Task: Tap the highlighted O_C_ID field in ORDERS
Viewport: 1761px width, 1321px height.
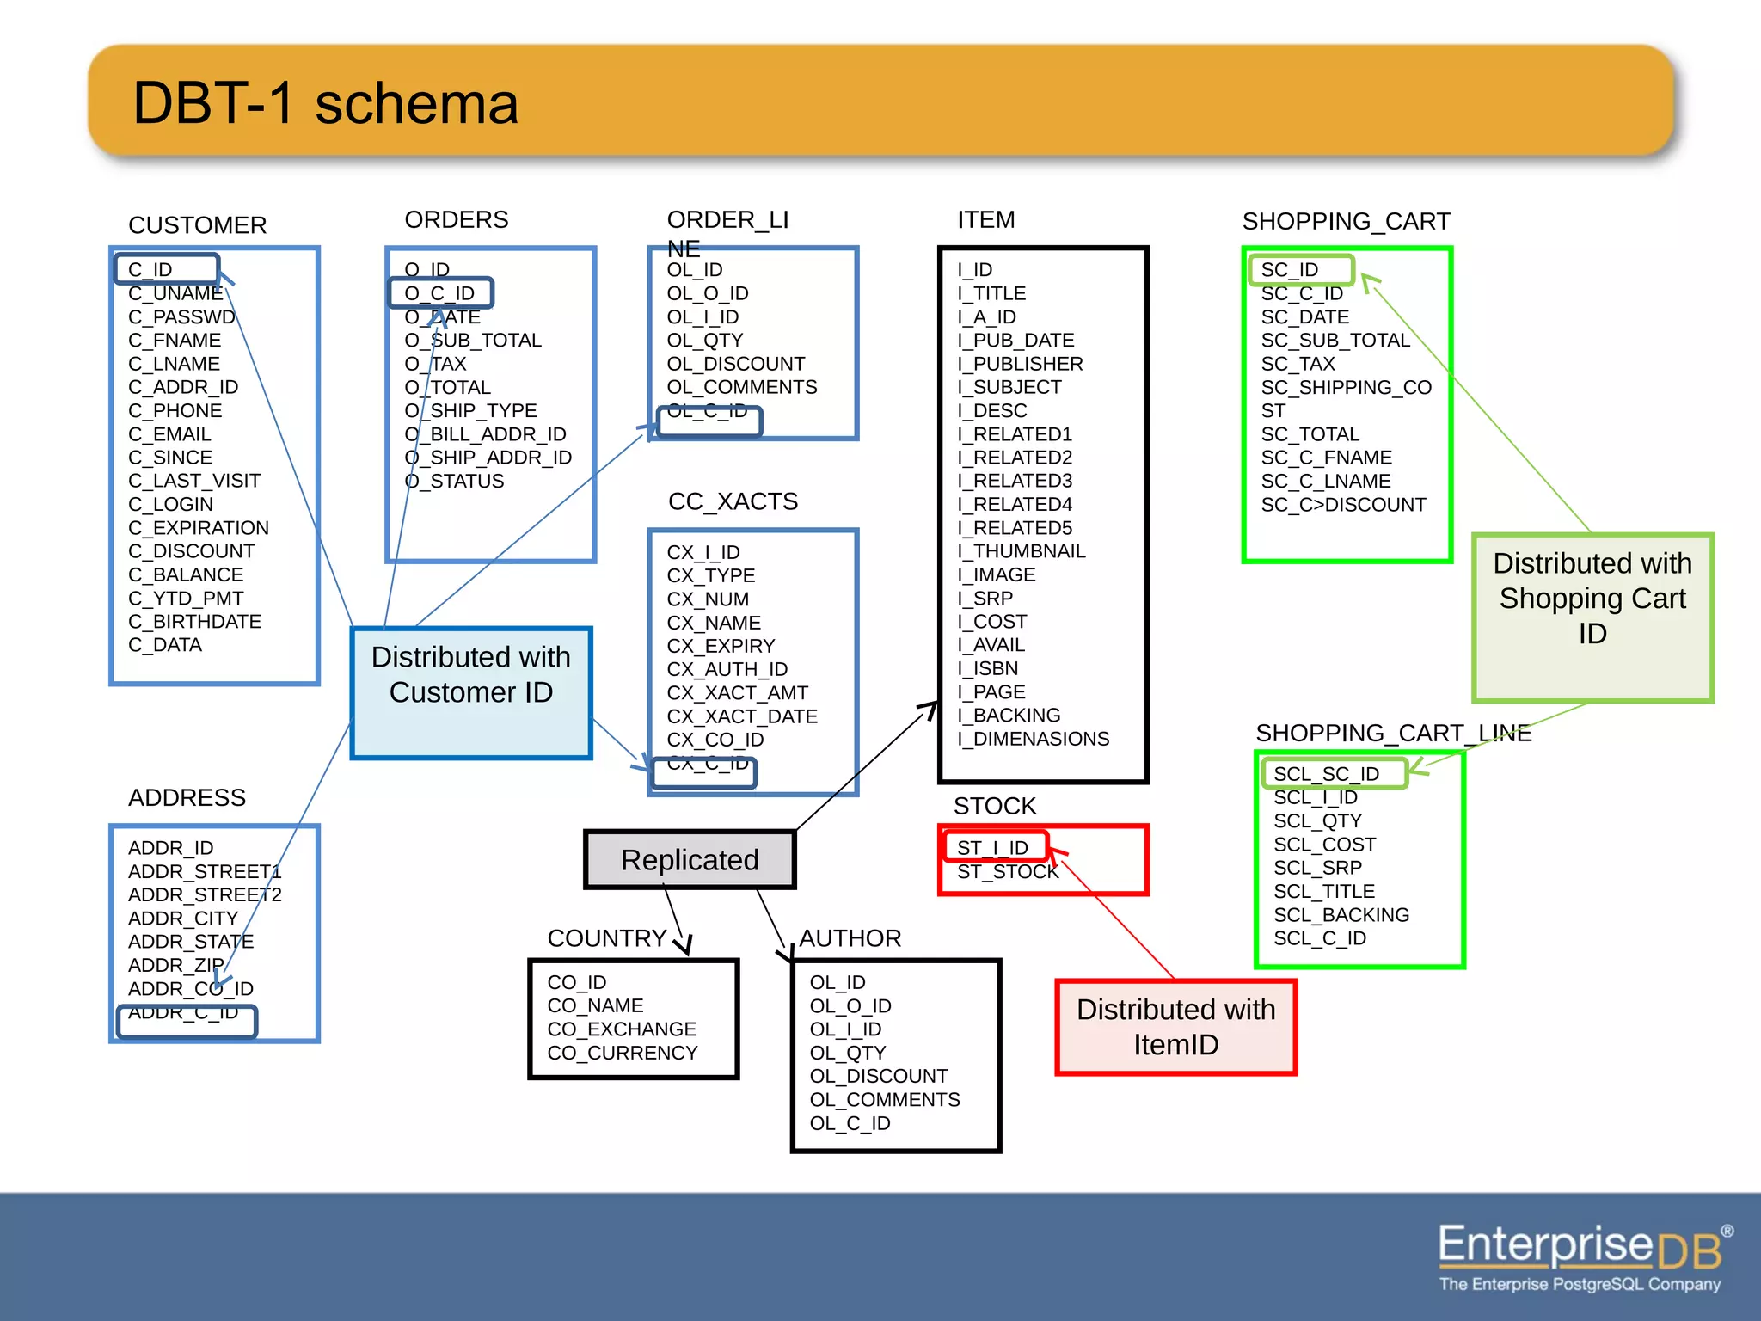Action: (441, 293)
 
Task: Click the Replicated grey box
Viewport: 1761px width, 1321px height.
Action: (690, 859)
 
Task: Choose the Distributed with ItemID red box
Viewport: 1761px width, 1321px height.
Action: (1175, 1027)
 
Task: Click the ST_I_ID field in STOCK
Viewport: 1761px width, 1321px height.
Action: (994, 847)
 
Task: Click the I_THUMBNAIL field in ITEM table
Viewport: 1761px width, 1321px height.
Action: (1022, 550)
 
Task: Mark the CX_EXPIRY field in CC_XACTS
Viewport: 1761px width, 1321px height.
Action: (721, 645)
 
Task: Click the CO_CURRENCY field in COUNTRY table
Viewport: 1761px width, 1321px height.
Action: (623, 1052)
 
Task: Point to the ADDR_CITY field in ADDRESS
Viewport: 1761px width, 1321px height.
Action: (182, 918)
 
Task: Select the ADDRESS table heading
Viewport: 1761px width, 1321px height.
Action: (187, 797)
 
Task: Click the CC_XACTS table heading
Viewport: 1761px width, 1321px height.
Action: (733, 501)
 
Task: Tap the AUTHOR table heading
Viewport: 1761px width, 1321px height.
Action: (850, 937)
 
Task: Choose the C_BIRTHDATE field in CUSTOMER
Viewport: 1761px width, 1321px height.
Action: (194, 621)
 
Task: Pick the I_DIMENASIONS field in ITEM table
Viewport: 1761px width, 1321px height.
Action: (1033, 738)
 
